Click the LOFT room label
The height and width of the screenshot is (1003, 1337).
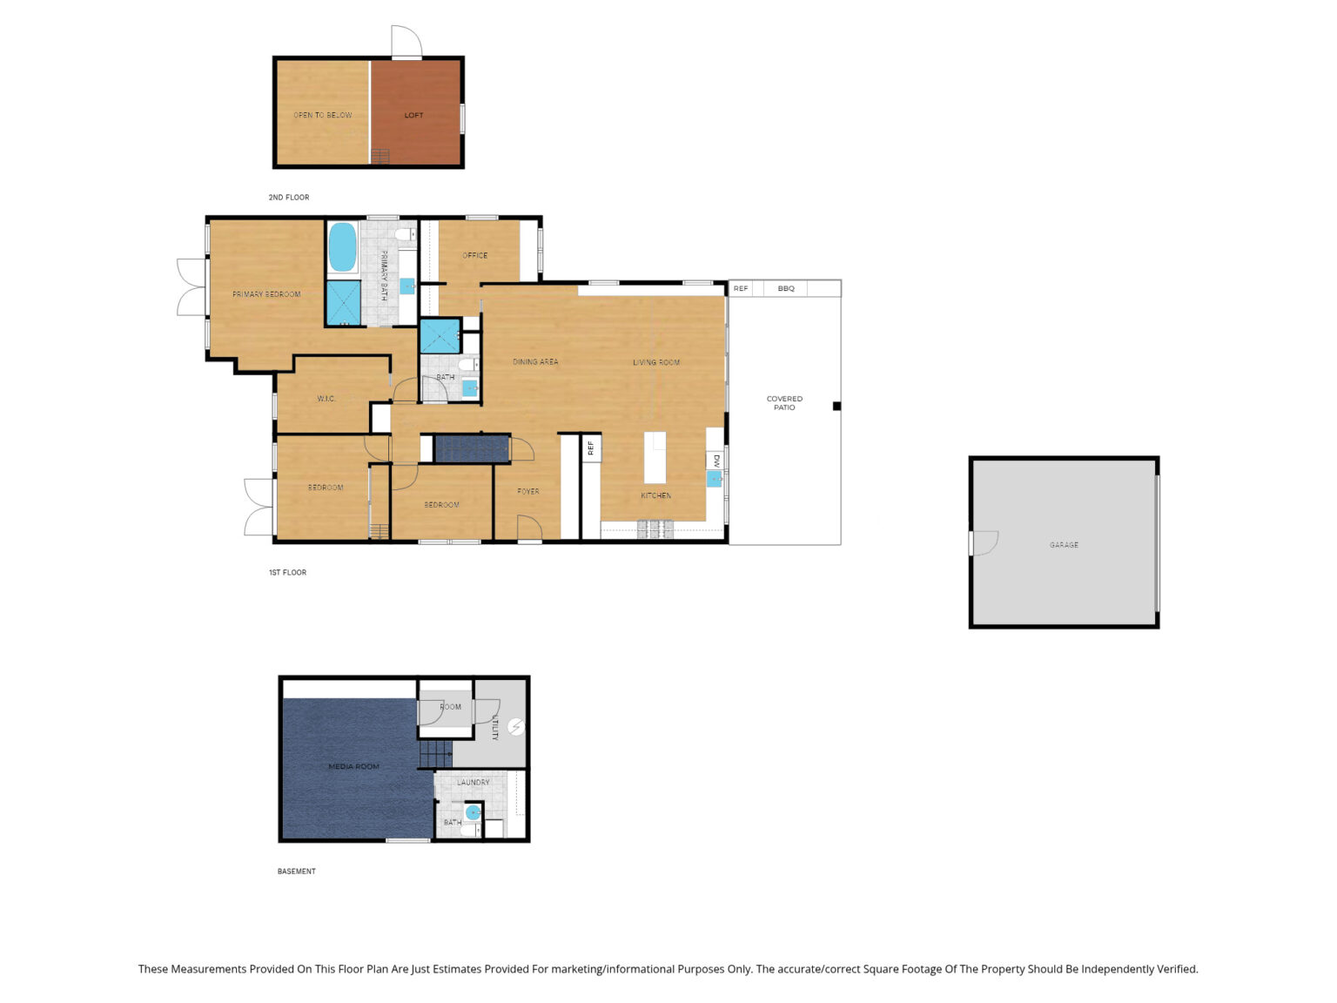[413, 115]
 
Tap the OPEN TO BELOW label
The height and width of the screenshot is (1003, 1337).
[323, 115]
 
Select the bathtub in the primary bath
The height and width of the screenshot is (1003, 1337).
[342, 246]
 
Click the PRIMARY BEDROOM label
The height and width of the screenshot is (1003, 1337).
[266, 294]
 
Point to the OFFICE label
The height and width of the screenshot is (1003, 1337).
[474, 255]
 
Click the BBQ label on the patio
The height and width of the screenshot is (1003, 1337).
[786, 288]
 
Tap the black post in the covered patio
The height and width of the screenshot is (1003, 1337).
[836, 407]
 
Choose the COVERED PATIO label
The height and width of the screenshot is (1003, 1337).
[784, 402]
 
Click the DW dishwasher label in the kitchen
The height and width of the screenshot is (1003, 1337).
[716, 461]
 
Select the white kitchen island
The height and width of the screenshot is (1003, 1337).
[655, 457]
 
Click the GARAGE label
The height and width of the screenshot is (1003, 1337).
[1064, 545]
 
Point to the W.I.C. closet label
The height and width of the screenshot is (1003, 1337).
[326, 399]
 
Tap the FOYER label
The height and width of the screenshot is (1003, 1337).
[528, 491]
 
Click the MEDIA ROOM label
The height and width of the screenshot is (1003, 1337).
[354, 767]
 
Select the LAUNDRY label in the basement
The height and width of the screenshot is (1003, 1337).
[474, 783]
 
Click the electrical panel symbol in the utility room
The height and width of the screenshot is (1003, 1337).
[516, 726]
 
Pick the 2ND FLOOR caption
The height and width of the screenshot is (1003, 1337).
[289, 198]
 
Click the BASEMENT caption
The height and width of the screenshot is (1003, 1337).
[297, 872]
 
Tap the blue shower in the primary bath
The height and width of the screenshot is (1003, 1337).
[344, 303]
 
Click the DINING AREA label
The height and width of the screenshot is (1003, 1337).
[535, 361]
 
